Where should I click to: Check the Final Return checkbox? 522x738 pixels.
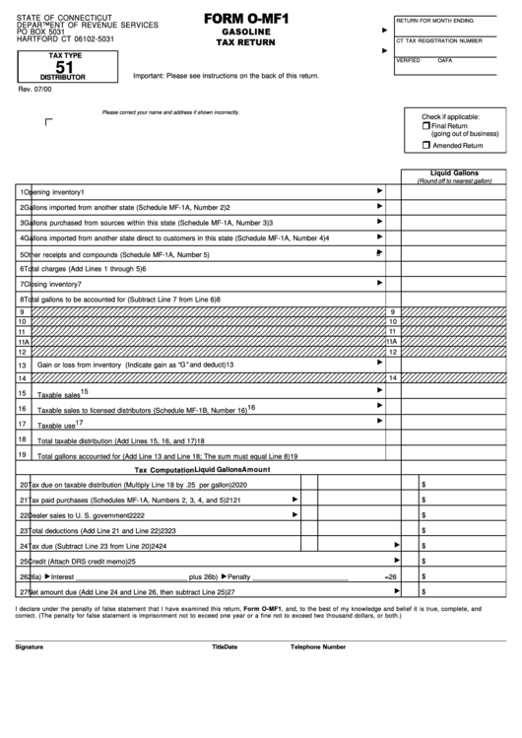426,126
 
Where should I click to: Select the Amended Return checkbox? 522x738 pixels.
426,145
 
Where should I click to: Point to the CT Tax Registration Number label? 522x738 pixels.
438,40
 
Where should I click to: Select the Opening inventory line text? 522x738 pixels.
53,191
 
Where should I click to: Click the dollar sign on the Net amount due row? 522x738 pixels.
423,591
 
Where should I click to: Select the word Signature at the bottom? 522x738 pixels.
30,647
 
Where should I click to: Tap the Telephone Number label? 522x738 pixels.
317,647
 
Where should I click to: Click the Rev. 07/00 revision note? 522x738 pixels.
32,90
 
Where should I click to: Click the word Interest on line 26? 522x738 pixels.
61,575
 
